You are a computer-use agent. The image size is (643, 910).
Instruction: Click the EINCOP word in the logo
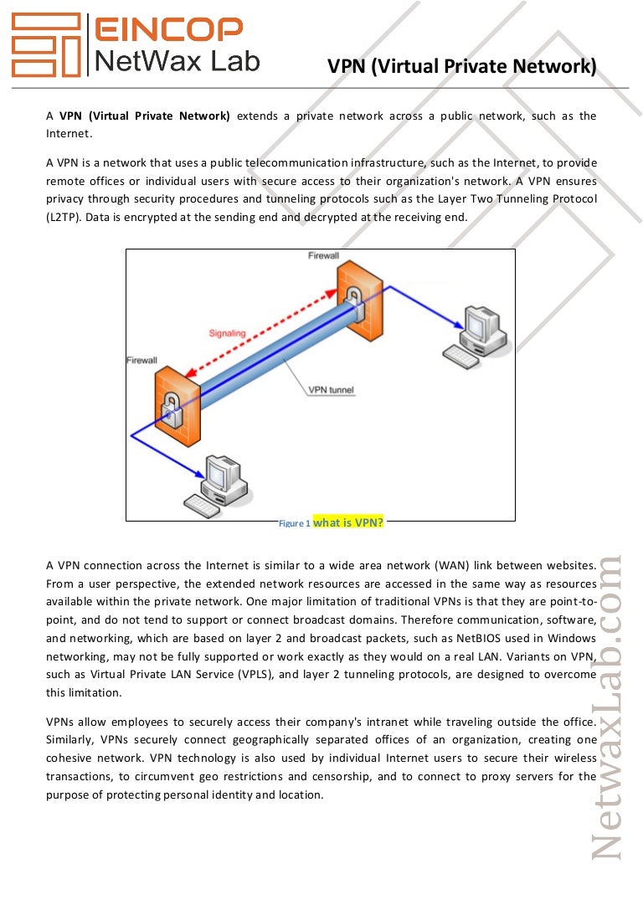pos(168,29)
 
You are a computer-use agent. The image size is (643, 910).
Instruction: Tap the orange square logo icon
pos(46,44)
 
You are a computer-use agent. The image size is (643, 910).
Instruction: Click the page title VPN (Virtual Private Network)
pos(462,66)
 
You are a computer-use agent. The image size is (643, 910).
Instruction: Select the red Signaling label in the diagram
pos(227,333)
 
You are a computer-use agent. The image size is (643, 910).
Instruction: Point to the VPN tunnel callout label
pos(331,390)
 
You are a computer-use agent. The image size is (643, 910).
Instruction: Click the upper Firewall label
pos(323,255)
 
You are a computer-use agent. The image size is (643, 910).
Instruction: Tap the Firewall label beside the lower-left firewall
pos(142,360)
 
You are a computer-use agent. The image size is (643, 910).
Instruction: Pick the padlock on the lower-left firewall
pos(172,410)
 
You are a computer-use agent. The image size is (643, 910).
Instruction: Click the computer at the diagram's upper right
pos(476,337)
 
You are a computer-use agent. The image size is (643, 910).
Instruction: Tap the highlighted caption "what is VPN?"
pos(348,522)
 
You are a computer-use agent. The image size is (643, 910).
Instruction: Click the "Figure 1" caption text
pos(294,523)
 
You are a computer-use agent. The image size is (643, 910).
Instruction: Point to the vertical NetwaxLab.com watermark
pos(606,708)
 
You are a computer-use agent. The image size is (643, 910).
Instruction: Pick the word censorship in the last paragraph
pos(338,777)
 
